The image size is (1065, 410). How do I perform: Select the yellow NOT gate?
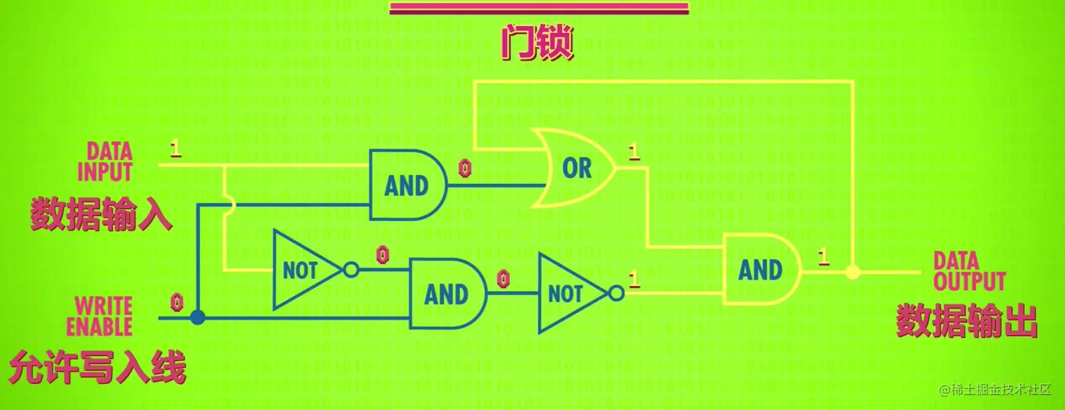pyautogui.click(x=305, y=270)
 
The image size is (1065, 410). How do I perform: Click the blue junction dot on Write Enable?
pyautogui.click(x=198, y=318)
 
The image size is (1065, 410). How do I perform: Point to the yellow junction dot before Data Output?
pyautogui.click(x=852, y=271)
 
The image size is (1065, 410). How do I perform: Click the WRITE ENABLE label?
pyautogui.click(x=104, y=316)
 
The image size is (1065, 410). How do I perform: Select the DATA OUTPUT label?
pyautogui.click(x=969, y=272)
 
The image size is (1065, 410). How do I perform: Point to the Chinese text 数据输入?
pyautogui.click(x=101, y=213)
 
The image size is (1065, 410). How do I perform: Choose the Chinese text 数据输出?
pyautogui.click(x=966, y=321)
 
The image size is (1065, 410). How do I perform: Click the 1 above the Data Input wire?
pyautogui.click(x=175, y=149)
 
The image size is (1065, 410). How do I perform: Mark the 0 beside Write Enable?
pyautogui.click(x=177, y=302)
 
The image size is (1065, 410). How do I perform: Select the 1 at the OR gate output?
pyautogui.click(x=633, y=151)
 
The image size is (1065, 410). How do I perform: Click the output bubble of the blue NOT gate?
pyautogui.click(x=617, y=294)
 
